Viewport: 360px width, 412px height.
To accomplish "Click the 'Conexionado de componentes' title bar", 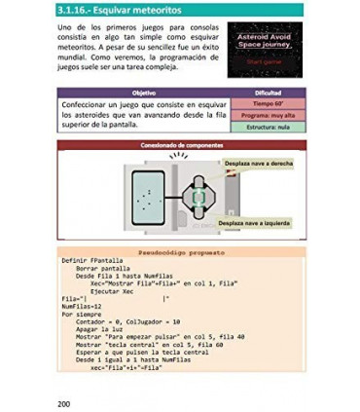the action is pyautogui.click(x=180, y=144).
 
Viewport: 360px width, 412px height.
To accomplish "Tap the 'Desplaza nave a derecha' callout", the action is pyautogui.click(x=260, y=163).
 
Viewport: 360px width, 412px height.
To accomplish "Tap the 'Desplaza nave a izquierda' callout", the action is pyautogui.click(x=255, y=222).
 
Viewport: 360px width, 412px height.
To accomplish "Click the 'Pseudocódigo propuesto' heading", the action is pyautogui.click(x=181, y=250).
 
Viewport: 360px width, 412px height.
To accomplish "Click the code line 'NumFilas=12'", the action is pyautogui.click(x=81, y=305).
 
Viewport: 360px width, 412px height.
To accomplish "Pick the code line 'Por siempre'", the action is pyautogui.click(x=81, y=314).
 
